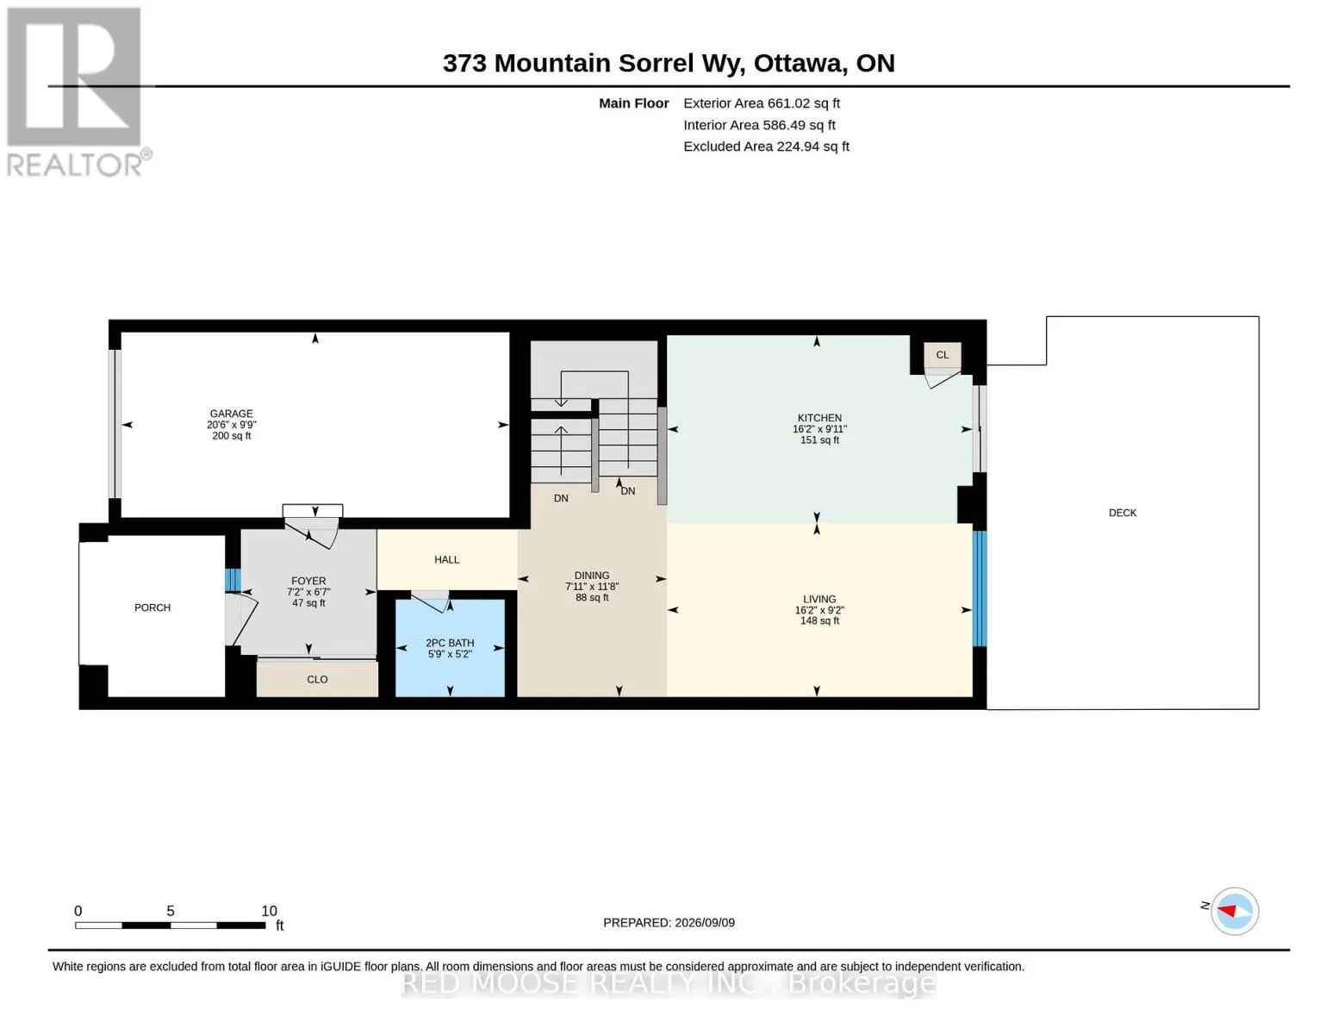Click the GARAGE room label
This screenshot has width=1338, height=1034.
pyautogui.click(x=231, y=414)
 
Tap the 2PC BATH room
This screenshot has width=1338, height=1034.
pyautogui.click(x=450, y=647)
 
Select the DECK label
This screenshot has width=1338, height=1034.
pyautogui.click(x=1122, y=513)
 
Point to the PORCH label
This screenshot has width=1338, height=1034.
pyautogui.click(x=152, y=607)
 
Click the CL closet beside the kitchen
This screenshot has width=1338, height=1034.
pyautogui.click(x=942, y=355)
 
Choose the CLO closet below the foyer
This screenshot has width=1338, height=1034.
pyautogui.click(x=317, y=679)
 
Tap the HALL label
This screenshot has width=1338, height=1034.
pyautogui.click(x=446, y=560)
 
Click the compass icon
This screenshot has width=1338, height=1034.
pyautogui.click(x=1234, y=911)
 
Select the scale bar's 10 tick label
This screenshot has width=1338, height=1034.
pyautogui.click(x=269, y=911)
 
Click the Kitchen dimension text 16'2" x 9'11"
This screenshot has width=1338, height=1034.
pyautogui.click(x=819, y=429)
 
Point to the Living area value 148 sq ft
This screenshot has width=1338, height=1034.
pyautogui.click(x=819, y=620)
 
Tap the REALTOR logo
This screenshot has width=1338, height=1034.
pyautogui.click(x=76, y=92)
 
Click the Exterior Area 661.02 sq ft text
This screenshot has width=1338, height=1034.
pyautogui.click(x=761, y=103)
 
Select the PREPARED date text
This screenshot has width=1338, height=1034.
pyautogui.click(x=669, y=923)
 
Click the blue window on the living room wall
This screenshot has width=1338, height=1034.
pyautogui.click(x=979, y=589)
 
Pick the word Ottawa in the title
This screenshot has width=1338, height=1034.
pyautogui.click(x=798, y=64)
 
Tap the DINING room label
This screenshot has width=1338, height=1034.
pyautogui.click(x=592, y=576)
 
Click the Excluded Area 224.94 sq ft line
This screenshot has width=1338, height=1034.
pyautogui.click(x=766, y=146)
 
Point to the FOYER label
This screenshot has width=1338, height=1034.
pyautogui.click(x=308, y=581)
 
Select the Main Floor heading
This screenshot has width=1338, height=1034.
pyautogui.click(x=633, y=103)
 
